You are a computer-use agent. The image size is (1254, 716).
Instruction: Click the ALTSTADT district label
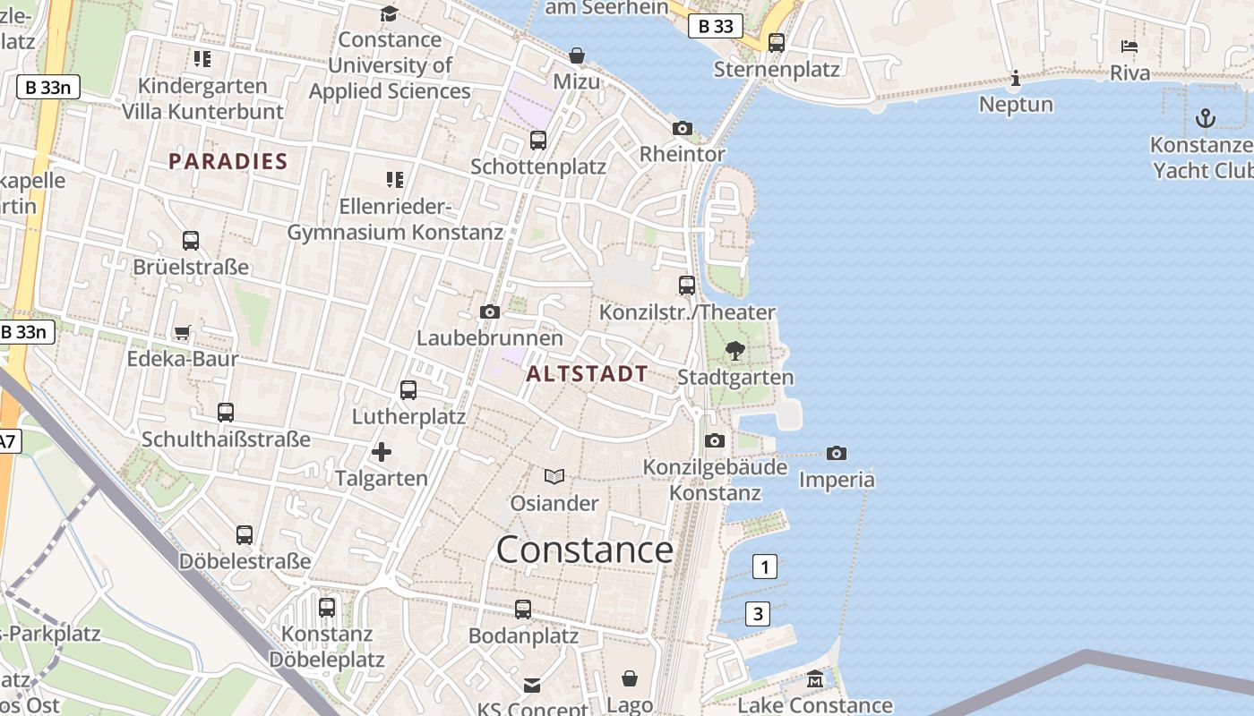coord(587,374)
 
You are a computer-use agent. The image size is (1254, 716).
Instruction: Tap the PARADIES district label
coord(228,162)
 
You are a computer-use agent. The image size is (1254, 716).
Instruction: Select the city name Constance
coord(584,549)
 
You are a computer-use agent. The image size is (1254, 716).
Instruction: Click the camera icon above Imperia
coord(837,453)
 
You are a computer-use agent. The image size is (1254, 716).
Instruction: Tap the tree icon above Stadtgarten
coord(735,351)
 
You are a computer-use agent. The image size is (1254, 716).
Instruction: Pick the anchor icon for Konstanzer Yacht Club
coord(1206,117)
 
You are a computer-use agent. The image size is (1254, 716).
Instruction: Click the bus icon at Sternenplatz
coord(777,42)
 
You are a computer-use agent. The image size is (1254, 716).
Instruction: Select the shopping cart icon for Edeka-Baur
coord(183,333)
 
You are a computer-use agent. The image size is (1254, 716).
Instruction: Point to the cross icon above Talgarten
coord(382,452)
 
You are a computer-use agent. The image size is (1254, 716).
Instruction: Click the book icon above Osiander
coord(554,477)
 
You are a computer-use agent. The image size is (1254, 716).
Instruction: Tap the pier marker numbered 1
coord(764,567)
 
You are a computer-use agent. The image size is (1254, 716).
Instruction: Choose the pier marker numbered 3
coord(758,614)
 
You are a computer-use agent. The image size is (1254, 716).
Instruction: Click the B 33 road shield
coord(716,27)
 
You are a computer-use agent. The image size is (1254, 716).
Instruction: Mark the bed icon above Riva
coord(1129,47)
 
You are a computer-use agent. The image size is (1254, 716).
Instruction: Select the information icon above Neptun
coord(1015,79)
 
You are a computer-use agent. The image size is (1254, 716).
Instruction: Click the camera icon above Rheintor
coord(683,128)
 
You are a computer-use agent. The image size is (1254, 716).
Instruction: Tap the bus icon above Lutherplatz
coord(408,390)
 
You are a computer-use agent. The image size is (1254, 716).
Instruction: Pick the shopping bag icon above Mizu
coord(577,56)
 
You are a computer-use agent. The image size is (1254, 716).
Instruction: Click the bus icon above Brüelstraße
coord(191,241)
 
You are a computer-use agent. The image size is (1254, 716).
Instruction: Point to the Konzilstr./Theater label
coord(687,312)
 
